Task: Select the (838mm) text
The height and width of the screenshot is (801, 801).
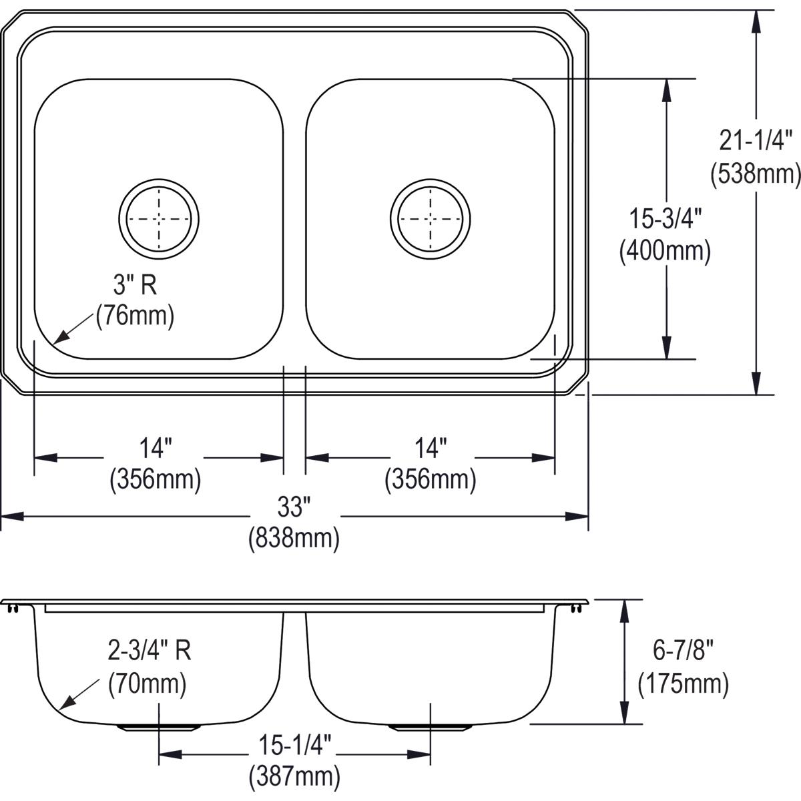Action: coord(294,538)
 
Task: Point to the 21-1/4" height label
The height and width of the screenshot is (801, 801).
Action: coord(756,142)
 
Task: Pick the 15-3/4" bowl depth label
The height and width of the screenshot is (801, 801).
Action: coord(665,219)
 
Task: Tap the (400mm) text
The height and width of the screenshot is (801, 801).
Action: coord(665,251)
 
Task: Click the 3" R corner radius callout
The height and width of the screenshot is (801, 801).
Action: coord(134,286)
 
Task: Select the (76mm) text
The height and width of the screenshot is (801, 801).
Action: coord(135,315)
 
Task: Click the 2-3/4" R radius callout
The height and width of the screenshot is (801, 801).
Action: coord(150,650)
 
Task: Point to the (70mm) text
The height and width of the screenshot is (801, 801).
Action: coord(147,684)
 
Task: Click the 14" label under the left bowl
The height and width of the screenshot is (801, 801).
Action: coord(156,448)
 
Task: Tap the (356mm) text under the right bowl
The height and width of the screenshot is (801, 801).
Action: coord(430,479)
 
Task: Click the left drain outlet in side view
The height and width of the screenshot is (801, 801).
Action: coord(159,726)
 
